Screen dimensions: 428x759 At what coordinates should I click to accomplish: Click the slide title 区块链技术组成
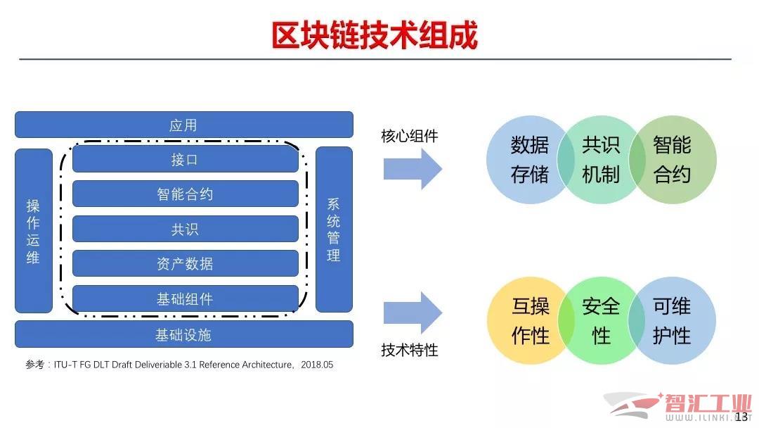pyautogui.click(x=375, y=35)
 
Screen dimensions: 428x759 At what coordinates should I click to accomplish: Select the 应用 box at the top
pyautogui.click(x=183, y=125)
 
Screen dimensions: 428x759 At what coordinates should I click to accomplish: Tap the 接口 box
pyautogui.click(x=185, y=159)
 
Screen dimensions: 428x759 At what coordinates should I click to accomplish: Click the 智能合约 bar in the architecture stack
pyautogui.click(x=185, y=194)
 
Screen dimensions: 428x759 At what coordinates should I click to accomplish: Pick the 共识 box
pyautogui.click(x=185, y=229)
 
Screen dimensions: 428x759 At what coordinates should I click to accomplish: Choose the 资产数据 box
pyautogui.click(x=185, y=263)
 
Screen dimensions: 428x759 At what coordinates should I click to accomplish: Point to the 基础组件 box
pyautogui.click(x=185, y=298)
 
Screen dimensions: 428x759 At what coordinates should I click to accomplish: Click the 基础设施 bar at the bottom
pyautogui.click(x=183, y=334)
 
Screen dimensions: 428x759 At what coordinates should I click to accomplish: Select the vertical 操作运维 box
pyautogui.click(x=34, y=231)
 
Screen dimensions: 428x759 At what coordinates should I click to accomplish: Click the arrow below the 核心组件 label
pyautogui.click(x=413, y=170)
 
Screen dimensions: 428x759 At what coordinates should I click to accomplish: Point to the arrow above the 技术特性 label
pyautogui.click(x=413, y=313)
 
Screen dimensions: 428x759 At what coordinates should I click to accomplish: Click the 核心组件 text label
pyautogui.click(x=410, y=136)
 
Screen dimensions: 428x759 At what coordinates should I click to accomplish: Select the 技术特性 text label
pyautogui.click(x=410, y=350)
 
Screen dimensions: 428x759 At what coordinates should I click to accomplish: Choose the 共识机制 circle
pyautogui.click(x=601, y=160)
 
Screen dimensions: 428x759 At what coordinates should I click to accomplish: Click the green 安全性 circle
pyautogui.click(x=601, y=321)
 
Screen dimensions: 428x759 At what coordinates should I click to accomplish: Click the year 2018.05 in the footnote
pyautogui.click(x=317, y=365)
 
